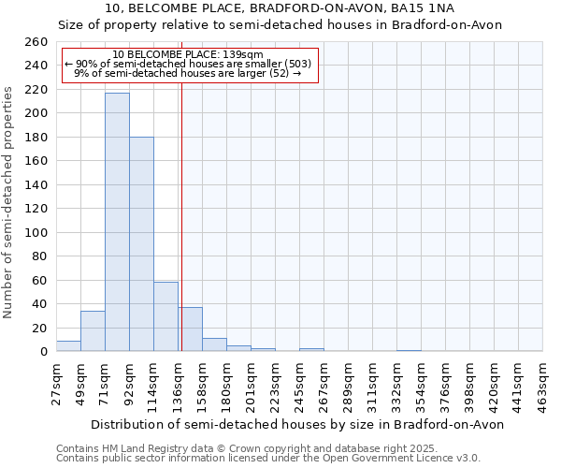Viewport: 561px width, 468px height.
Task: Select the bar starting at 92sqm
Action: [141, 243]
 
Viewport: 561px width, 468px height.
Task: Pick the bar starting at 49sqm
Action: [93, 331]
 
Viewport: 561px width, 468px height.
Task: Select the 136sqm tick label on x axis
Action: [178, 381]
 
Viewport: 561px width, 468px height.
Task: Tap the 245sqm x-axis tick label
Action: [299, 381]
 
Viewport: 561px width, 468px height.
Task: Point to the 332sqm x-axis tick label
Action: [396, 381]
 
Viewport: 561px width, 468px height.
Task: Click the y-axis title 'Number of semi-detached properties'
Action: [9, 201]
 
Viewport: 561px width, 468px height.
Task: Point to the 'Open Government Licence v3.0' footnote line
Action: [374, 458]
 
